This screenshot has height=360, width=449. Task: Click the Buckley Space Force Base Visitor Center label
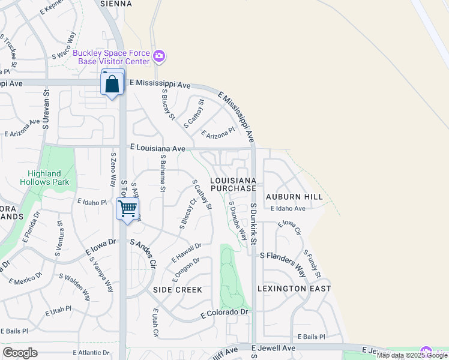111,57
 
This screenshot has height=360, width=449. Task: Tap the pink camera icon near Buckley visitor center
159,57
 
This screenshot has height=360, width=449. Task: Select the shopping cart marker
127,210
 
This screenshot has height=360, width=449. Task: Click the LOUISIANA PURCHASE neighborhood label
234,184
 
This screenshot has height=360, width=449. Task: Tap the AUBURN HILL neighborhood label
294,197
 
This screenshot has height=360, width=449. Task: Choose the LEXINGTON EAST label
294,289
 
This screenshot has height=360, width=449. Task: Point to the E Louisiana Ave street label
158,147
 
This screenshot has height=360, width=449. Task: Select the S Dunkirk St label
254,224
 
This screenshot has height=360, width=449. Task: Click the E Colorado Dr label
224,313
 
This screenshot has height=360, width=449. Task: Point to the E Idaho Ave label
288,209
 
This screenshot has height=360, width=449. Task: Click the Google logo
20,352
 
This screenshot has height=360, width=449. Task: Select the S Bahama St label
162,173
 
